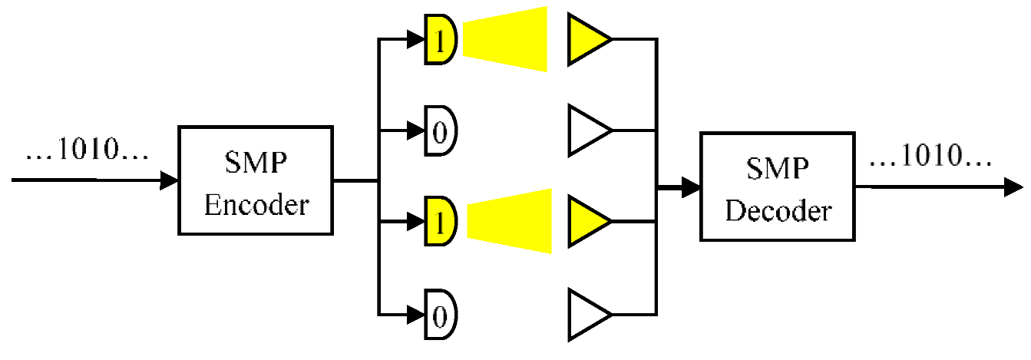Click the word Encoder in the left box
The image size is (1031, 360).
pos(257,206)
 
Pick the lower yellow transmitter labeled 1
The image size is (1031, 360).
pos(441,222)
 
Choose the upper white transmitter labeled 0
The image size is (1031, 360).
pos(441,131)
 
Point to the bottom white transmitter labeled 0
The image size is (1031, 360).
pos(441,314)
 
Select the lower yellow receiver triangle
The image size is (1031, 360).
pos(586,222)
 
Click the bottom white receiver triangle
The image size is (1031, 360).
pos(586,314)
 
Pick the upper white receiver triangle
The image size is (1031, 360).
pos(586,131)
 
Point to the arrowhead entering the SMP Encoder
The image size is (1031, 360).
pos(170,181)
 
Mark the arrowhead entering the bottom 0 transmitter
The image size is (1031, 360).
pos(418,314)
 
